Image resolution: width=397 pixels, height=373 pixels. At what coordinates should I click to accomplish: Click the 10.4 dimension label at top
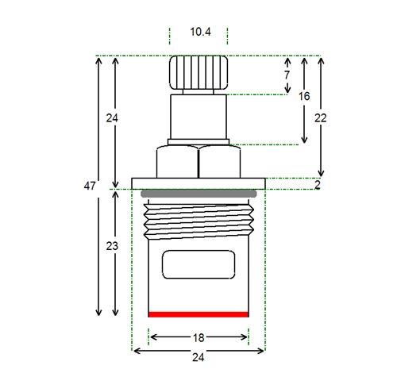pos(200,32)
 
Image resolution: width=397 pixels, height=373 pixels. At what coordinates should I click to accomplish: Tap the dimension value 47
pos(90,186)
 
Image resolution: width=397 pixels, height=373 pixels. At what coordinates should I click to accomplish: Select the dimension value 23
pos(112,246)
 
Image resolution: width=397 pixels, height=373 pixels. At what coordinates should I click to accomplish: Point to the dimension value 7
pos(287,75)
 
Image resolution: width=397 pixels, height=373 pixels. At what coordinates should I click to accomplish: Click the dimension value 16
pos(304,96)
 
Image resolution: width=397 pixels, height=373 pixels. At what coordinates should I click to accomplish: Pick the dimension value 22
pos(321,118)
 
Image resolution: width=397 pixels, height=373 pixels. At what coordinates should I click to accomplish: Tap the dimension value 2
pos(318,185)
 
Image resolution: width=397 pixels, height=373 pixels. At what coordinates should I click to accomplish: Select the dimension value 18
pos(198,338)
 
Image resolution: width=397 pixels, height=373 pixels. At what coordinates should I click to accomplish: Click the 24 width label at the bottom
pos(198,358)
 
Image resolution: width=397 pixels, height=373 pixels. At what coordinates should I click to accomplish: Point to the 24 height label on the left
pos(112,118)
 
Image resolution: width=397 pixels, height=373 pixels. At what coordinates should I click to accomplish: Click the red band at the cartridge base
pos(198,314)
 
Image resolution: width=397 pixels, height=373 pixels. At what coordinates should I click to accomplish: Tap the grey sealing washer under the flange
pos(198,194)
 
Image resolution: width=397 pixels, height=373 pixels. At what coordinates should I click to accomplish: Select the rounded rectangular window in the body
pos(198,264)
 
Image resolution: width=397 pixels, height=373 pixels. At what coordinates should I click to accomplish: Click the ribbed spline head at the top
pos(198,72)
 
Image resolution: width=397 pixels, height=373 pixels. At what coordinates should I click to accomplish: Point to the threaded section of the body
pos(198,221)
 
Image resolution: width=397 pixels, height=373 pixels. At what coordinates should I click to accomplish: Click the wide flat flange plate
pos(198,183)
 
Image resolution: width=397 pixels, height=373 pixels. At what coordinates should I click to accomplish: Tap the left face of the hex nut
pos(177,162)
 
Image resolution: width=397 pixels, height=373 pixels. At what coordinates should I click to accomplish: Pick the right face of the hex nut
pos(220,162)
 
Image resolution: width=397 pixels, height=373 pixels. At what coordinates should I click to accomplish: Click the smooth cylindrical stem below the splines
pos(198,117)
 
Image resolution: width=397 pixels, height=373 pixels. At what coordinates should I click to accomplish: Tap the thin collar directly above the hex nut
pos(198,142)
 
